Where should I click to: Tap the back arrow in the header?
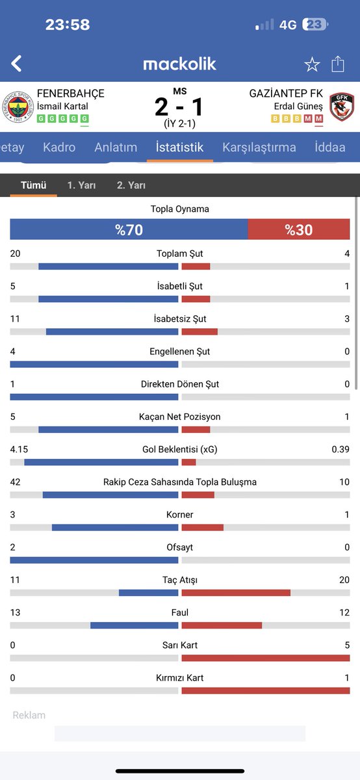(x=16, y=64)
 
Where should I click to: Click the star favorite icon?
(x=312, y=64)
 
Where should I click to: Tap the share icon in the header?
(x=338, y=64)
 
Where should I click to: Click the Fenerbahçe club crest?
(x=18, y=107)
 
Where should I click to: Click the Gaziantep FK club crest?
(x=342, y=107)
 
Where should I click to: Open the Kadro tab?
(x=59, y=148)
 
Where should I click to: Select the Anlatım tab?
(x=116, y=148)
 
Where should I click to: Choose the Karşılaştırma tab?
(x=259, y=148)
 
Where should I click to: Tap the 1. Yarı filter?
(x=81, y=185)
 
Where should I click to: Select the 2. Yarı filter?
(x=131, y=185)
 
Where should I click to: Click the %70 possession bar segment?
(x=129, y=229)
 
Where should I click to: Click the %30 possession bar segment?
(x=299, y=229)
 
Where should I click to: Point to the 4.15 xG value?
(x=19, y=449)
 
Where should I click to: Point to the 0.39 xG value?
(x=341, y=449)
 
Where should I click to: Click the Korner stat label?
(x=179, y=515)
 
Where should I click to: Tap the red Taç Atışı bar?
(x=236, y=593)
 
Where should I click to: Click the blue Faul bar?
(x=135, y=625)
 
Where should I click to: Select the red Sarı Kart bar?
(x=266, y=658)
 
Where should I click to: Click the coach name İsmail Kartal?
(x=62, y=106)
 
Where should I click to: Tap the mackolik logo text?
(x=179, y=64)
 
